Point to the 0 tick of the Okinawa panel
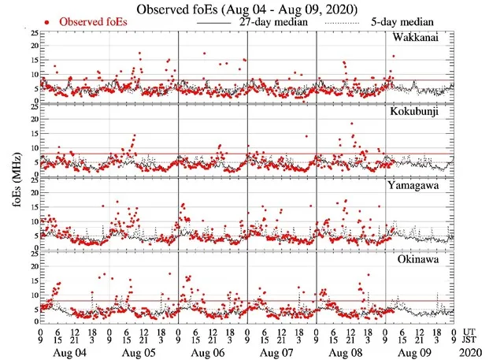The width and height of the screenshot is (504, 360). pyautogui.click(x=31, y=321)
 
